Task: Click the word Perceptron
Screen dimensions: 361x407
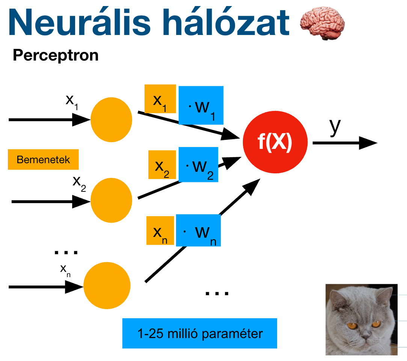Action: point(56,55)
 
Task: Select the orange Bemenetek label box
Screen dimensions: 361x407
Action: point(43,159)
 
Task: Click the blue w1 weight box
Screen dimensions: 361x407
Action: point(201,105)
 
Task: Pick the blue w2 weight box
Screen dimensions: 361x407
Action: point(198,165)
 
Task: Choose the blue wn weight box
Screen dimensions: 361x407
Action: point(198,230)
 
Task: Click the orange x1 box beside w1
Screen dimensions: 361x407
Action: point(160,99)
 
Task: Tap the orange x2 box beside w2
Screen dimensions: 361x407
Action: point(162,165)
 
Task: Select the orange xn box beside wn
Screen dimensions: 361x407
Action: point(160,231)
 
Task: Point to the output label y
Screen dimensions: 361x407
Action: point(335,127)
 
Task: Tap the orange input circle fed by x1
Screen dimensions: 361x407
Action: point(111,120)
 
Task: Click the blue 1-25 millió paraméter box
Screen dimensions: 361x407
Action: point(199,333)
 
